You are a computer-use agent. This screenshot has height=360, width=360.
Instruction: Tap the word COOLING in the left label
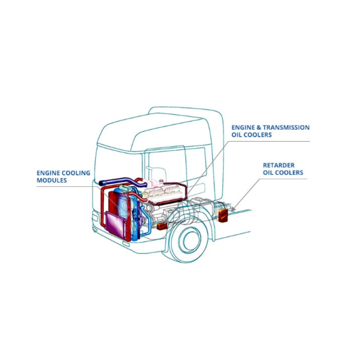tap(77, 173)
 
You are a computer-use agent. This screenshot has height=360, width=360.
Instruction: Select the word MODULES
tap(52, 180)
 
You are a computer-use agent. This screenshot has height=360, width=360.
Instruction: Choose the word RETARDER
tap(279, 165)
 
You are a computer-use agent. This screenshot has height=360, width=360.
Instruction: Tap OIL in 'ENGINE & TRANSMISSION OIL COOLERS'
tap(236, 135)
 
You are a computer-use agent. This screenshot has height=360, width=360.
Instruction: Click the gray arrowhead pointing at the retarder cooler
tap(233, 209)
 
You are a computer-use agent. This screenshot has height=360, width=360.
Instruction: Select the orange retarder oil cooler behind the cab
tap(223, 216)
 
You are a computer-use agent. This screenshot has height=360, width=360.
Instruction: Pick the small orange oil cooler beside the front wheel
tap(162, 226)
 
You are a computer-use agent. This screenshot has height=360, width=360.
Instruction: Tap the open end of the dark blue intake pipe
tap(101, 183)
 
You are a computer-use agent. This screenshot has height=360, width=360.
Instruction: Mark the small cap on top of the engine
tap(161, 181)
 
